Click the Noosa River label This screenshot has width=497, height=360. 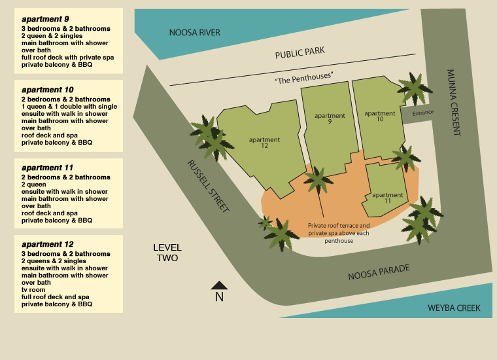(x=194, y=33)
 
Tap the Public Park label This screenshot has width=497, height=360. (x=300, y=52)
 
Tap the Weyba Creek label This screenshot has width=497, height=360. (x=454, y=308)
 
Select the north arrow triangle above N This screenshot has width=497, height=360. (x=219, y=285)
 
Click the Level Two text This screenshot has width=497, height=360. (x=167, y=253)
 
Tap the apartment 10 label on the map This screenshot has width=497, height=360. (x=380, y=117)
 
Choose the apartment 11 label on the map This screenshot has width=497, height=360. (x=387, y=198)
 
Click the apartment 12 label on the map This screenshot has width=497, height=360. (x=264, y=143)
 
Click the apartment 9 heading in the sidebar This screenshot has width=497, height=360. (x=45, y=19)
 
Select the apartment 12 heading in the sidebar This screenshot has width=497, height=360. (x=47, y=244)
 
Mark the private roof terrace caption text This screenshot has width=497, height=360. (x=339, y=233)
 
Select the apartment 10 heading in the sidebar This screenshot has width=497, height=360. (x=47, y=90)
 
